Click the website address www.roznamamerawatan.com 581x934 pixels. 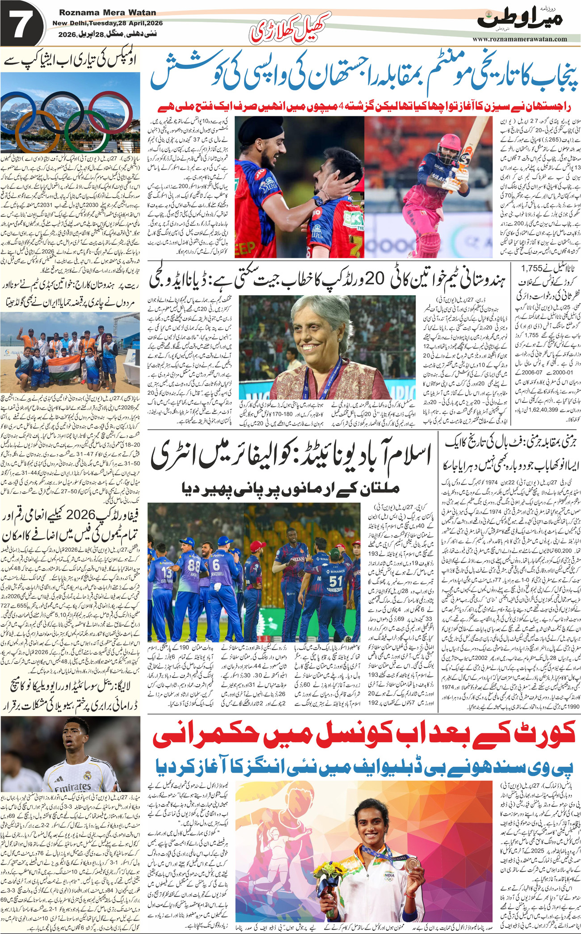(520, 39)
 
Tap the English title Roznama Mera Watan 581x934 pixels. (107, 13)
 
